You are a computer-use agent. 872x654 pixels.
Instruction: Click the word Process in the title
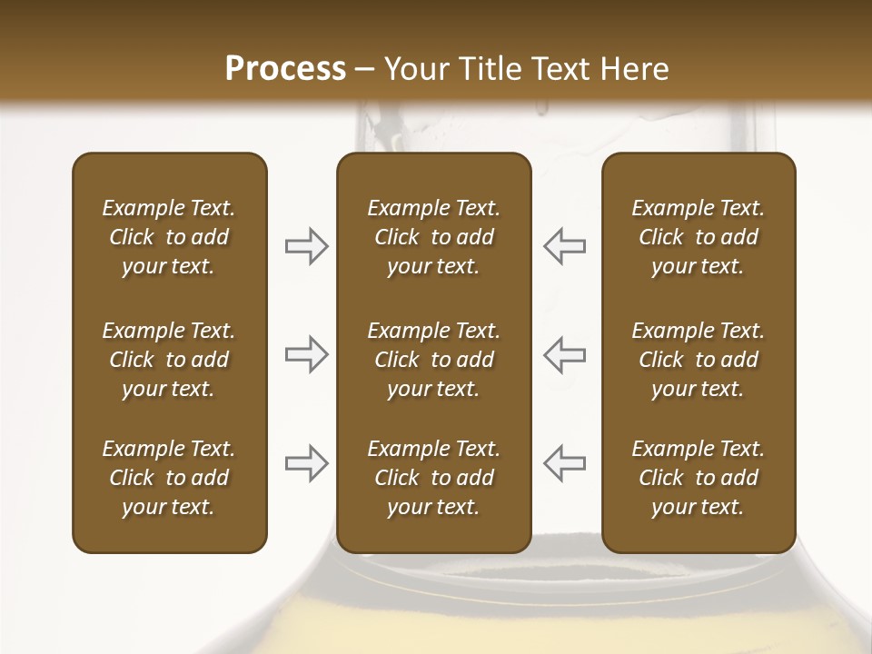285,68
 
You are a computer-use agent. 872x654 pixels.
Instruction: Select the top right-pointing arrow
306,246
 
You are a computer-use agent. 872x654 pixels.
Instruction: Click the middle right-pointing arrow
306,354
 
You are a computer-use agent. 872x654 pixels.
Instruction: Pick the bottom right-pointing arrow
306,463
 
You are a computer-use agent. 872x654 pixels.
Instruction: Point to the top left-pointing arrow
564,246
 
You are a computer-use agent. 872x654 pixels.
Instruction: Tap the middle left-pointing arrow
564,354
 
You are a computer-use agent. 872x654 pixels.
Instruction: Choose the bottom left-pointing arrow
564,463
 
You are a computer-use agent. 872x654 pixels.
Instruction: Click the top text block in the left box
169,237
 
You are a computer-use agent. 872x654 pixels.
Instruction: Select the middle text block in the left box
169,360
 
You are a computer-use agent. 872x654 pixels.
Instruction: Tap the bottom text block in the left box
169,478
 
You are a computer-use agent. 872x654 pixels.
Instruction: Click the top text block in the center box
433,237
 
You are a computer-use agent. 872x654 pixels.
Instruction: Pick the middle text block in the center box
433,360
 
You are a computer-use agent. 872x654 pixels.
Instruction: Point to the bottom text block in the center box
433,478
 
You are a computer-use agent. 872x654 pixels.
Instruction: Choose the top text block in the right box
698,237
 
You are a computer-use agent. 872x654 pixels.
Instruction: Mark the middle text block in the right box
698,360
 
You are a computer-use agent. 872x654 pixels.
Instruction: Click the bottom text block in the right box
698,478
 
